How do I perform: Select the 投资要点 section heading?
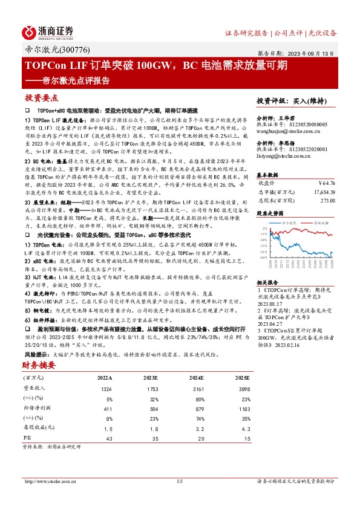coord(41,98)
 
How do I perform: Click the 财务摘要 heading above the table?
coord(40,366)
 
